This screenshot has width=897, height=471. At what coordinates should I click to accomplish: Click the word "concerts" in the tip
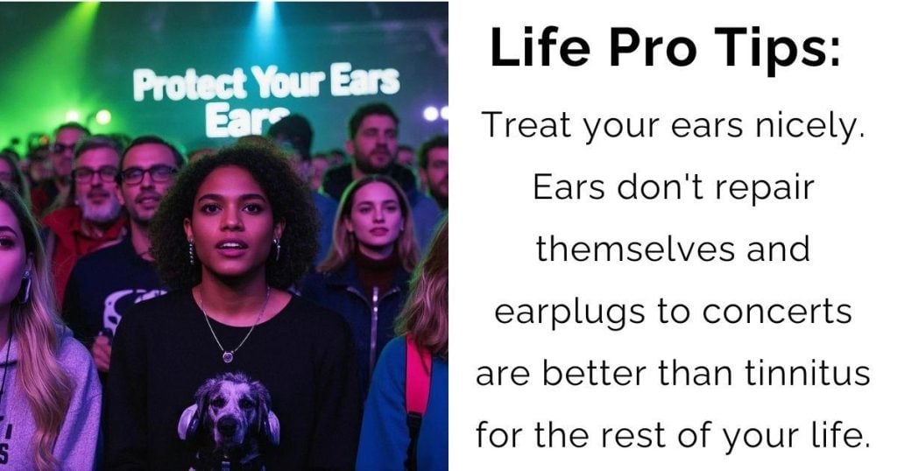click(777, 312)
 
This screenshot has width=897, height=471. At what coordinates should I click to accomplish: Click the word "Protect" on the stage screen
click(189, 85)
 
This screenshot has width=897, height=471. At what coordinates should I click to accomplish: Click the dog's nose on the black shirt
click(230, 424)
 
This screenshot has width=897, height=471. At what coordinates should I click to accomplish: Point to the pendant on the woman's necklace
click(228, 357)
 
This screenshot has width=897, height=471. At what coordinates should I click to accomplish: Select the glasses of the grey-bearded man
click(95, 173)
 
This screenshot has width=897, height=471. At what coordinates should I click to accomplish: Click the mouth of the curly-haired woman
click(231, 247)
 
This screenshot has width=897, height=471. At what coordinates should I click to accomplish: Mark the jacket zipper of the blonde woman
click(374, 326)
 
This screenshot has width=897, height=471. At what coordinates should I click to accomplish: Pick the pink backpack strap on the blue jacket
click(418, 377)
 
